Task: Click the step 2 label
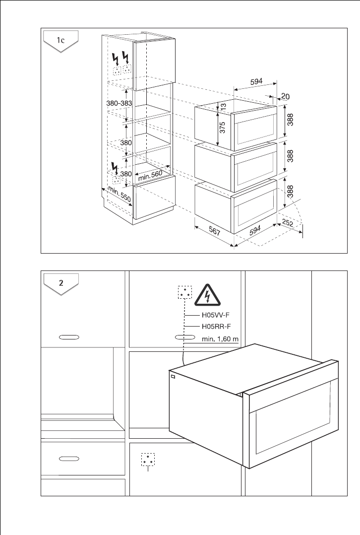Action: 60,283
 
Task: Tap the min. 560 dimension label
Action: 150,175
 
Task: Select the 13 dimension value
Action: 223,105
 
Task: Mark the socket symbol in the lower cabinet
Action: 147,459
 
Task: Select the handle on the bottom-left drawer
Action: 69,459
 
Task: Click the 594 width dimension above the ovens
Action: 256,82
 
